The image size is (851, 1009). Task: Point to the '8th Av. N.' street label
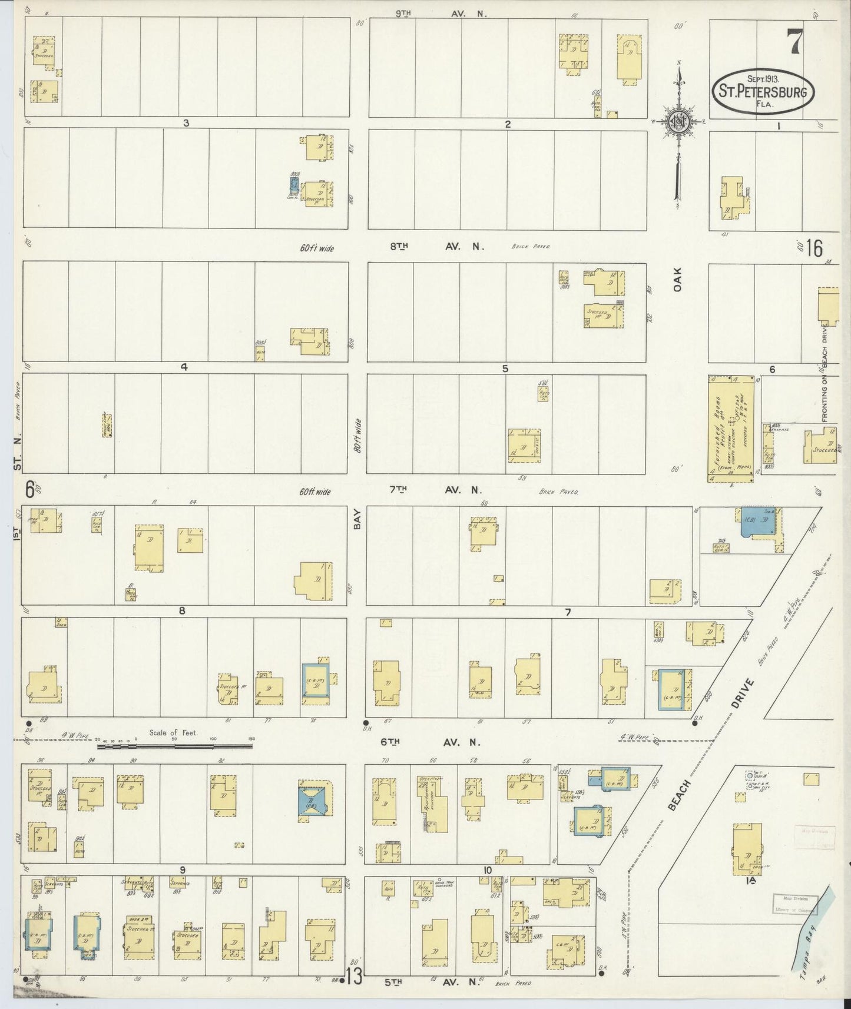(436, 247)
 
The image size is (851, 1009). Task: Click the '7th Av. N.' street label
(435, 490)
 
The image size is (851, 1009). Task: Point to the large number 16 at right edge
(814, 249)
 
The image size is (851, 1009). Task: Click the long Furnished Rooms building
(731, 429)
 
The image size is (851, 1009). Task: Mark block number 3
(186, 123)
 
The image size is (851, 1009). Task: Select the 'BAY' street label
(357, 522)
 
